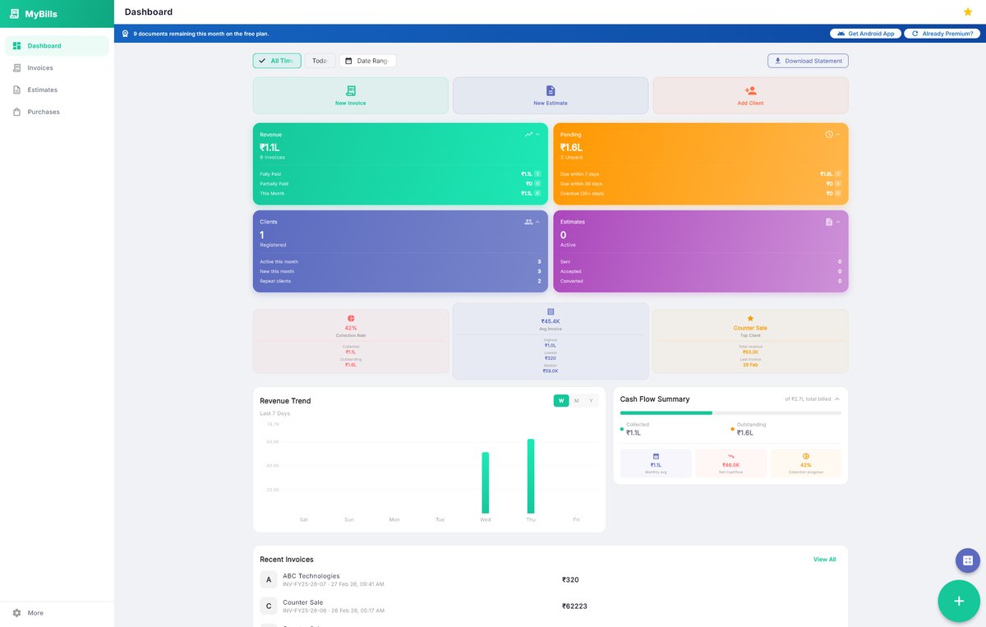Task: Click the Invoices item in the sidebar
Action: tap(39, 68)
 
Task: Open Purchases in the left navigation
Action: tap(43, 112)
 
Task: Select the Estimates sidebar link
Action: tap(42, 90)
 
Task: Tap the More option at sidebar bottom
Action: tap(35, 613)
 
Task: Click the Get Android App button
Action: tap(866, 34)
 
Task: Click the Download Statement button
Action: tap(807, 61)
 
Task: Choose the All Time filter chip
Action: tap(277, 61)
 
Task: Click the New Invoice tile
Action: tap(350, 95)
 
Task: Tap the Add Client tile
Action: tap(750, 95)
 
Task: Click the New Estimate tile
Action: tap(551, 95)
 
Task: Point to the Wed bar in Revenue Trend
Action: tap(486, 483)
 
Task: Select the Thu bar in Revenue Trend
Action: tap(531, 477)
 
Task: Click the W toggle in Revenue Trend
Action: tap(561, 401)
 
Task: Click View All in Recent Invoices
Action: tap(824, 560)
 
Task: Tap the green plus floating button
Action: tap(958, 601)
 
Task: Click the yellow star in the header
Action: tap(967, 12)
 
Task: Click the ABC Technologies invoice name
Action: tap(311, 576)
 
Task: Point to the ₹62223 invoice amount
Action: tap(574, 606)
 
